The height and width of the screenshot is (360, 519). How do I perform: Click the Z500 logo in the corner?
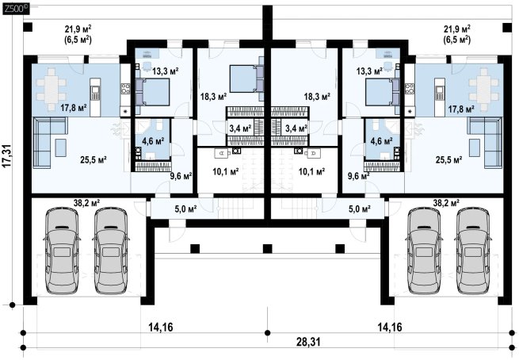coord(16,10)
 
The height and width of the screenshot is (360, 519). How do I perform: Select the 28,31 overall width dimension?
coord(308,342)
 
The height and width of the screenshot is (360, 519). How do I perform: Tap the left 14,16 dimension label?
coord(161,327)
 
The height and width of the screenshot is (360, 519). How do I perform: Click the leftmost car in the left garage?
coord(62,251)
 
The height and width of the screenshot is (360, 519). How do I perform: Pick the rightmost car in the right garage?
coord(473,251)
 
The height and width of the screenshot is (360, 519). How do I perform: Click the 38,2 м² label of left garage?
coord(86,203)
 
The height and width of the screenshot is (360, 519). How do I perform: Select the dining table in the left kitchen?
coord(51,89)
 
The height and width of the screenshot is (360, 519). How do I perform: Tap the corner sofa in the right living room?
coord(486,143)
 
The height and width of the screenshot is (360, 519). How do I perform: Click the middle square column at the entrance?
coord(267,248)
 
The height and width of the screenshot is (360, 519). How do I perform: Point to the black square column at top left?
coord(28,28)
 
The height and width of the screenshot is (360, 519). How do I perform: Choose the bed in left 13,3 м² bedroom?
coord(152,92)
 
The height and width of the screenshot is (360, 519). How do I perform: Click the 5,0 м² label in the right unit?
coord(360,209)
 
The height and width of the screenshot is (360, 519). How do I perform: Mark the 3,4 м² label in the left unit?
coord(240,128)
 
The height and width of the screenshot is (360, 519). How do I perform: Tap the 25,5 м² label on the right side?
coord(448,160)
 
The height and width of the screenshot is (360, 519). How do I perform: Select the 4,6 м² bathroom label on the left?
coord(153,141)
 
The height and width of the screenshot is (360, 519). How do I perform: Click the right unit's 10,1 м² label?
coord(311,171)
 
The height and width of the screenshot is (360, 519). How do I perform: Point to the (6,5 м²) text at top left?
coord(78,40)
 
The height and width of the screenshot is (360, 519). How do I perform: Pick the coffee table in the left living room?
coord(60,147)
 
